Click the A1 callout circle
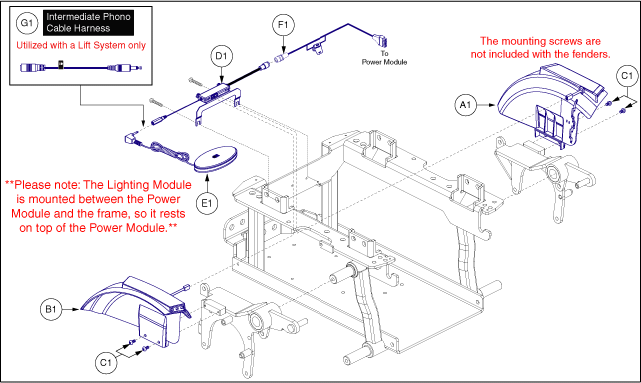click(x=465, y=105)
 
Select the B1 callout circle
click(x=51, y=309)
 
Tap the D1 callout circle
click(x=222, y=56)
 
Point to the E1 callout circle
click(x=207, y=203)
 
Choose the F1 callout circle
click(x=283, y=25)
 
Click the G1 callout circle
click(x=27, y=23)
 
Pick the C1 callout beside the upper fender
click(x=627, y=76)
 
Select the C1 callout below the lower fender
click(x=106, y=363)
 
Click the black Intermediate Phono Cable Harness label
click(x=88, y=23)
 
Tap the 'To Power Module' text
click(x=384, y=58)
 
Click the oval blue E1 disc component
click(x=215, y=159)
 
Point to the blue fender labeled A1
click(x=551, y=105)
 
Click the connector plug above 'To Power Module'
click(x=379, y=40)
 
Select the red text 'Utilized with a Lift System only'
click(x=81, y=45)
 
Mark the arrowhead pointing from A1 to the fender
click(x=492, y=105)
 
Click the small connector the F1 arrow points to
click(x=281, y=57)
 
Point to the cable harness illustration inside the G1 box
click(x=81, y=67)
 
